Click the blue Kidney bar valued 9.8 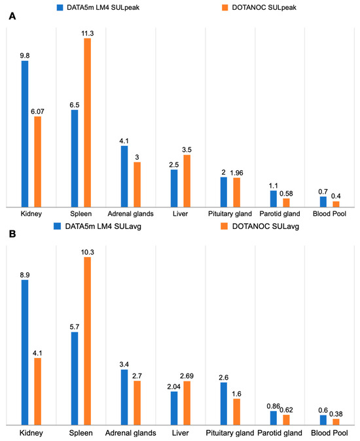[25, 134]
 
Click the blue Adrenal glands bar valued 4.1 [124, 176]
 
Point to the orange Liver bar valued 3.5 [187, 181]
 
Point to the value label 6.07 [37, 111]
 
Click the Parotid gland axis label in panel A [279, 214]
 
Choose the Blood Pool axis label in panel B [329, 433]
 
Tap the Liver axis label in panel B [180, 433]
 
